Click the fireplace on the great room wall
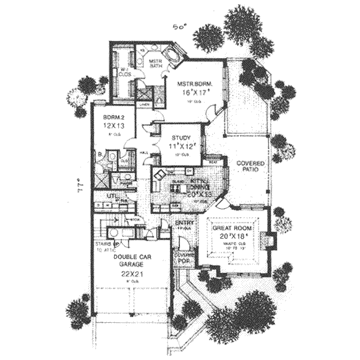click(271, 241)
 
